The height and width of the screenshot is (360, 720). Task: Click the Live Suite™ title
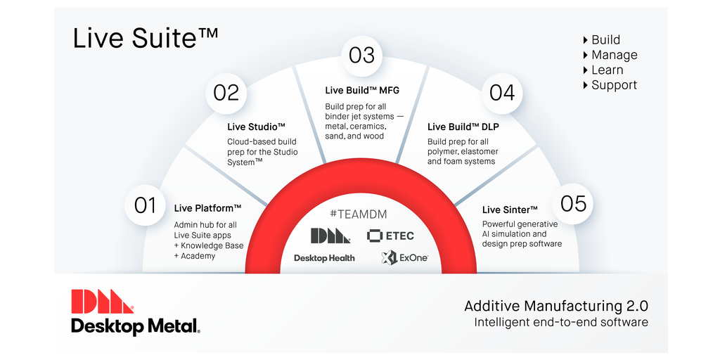click(x=146, y=38)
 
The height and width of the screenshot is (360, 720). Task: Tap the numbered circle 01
click(x=145, y=205)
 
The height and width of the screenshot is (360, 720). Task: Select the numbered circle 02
click(x=226, y=94)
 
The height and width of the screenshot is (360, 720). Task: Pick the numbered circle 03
click(x=362, y=56)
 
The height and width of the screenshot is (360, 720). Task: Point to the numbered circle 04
click(x=502, y=94)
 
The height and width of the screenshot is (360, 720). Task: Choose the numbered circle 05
click(x=573, y=203)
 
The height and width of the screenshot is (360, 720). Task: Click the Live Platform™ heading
click(x=207, y=208)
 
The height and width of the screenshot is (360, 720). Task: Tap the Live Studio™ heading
click(x=256, y=127)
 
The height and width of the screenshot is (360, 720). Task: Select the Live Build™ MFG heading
click(x=362, y=90)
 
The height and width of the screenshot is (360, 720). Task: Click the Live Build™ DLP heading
click(x=463, y=127)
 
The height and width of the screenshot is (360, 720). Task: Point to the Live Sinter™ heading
click(x=510, y=210)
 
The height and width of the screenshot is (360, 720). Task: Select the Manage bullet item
click(x=610, y=55)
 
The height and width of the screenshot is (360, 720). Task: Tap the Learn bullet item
click(x=603, y=70)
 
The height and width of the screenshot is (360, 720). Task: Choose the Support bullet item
click(x=610, y=85)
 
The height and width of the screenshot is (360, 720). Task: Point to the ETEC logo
click(x=390, y=236)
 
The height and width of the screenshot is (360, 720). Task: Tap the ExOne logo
click(x=404, y=257)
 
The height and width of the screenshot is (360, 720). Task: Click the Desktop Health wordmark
click(x=324, y=258)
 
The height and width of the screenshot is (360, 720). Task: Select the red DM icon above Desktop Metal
click(x=103, y=301)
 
